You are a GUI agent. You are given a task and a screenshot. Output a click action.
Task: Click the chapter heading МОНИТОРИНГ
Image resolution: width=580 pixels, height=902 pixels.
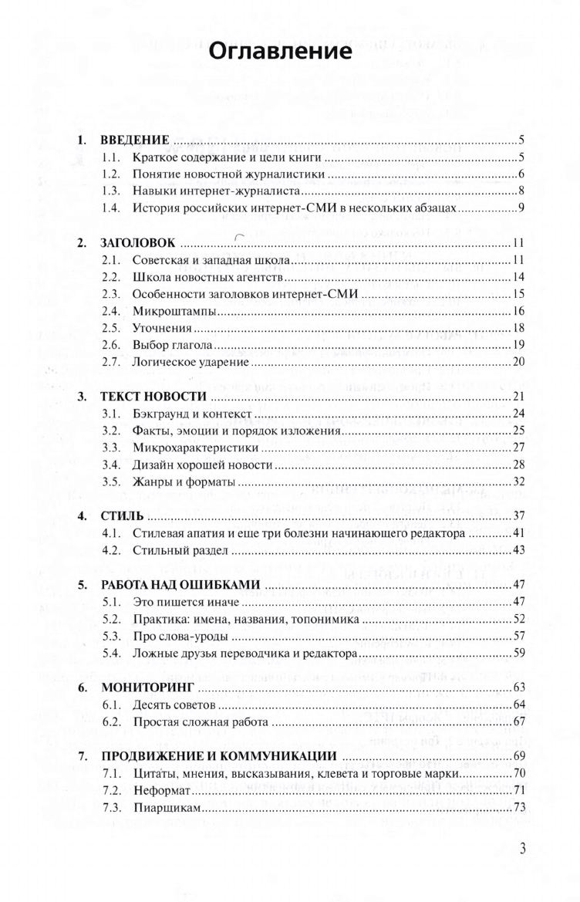tap(146, 687)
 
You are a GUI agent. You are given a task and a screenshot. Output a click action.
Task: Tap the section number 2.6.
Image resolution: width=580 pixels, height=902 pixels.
tap(113, 344)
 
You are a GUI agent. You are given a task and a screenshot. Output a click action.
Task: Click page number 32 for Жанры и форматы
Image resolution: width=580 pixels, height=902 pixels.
tap(519, 482)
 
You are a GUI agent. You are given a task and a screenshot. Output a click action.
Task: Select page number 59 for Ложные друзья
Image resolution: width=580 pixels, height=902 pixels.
tap(519, 654)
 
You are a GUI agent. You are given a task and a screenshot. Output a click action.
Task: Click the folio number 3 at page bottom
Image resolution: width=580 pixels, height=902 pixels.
tap(522, 849)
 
